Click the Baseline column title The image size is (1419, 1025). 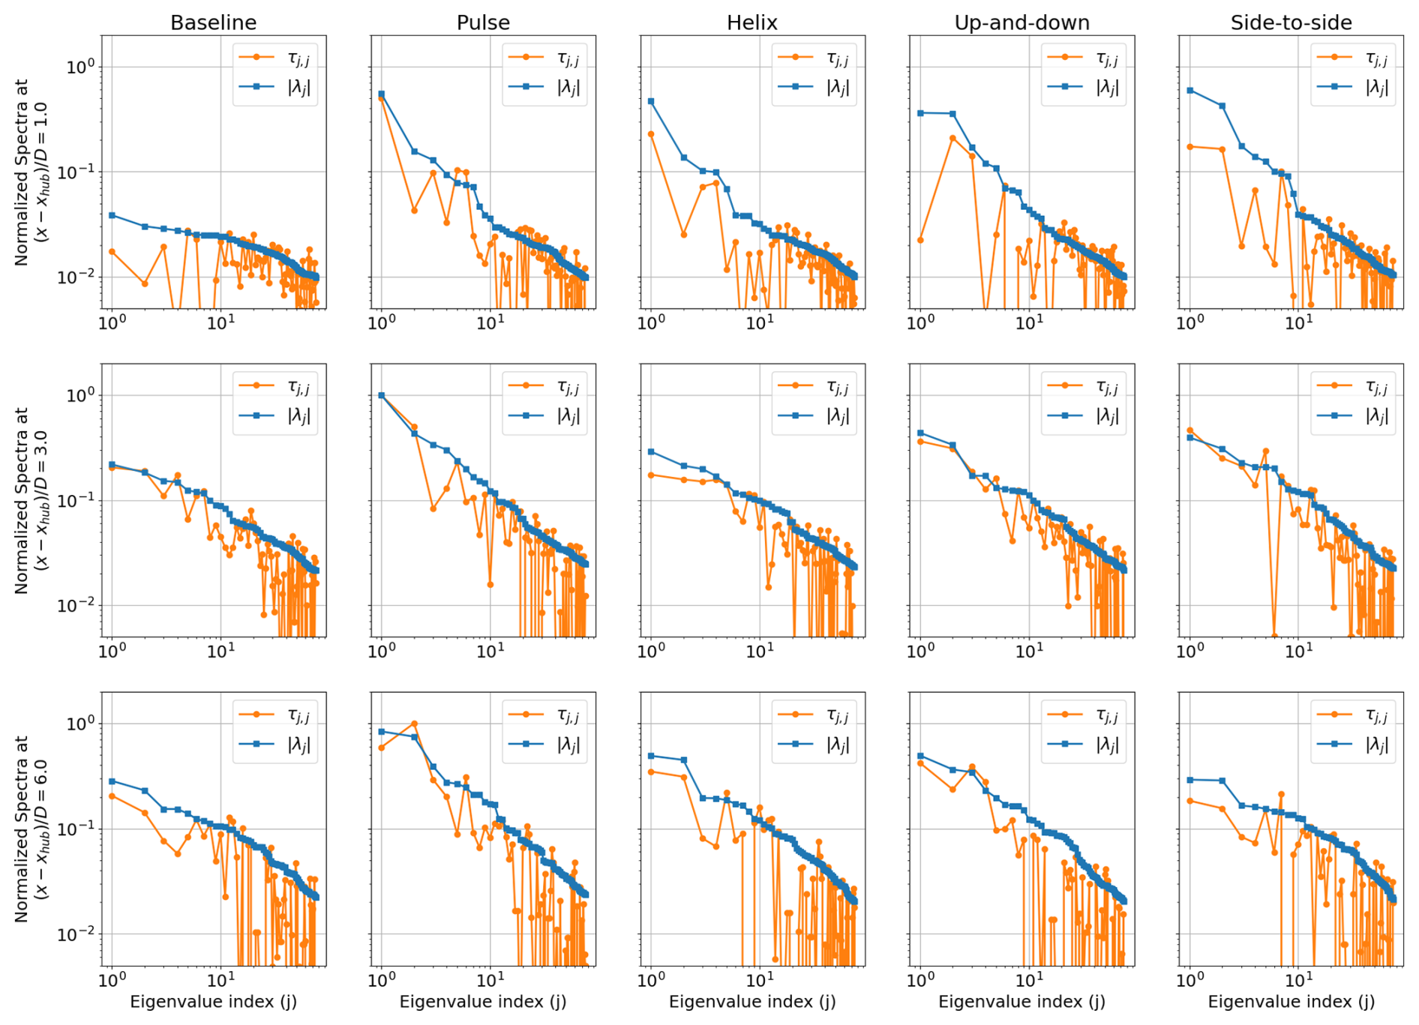pyautogui.click(x=213, y=22)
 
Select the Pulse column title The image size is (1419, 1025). pyautogui.click(x=483, y=22)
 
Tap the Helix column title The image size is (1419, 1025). pyautogui.click(x=751, y=22)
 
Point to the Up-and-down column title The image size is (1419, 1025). pyautogui.click(x=1021, y=22)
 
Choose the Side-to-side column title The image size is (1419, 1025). pyautogui.click(x=1291, y=22)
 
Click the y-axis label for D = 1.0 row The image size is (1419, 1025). pyautogui.click(x=31, y=172)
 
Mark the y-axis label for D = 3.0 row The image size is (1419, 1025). pyautogui.click(x=31, y=500)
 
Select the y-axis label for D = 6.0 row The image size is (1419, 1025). pyautogui.click(x=31, y=829)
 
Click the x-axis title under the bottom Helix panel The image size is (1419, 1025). pyautogui.click(x=751, y=1002)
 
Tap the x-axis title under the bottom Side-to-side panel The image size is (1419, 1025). pyautogui.click(x=1291, y=1002)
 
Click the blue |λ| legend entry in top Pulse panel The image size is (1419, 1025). pyautogui.click(x=544, y=87)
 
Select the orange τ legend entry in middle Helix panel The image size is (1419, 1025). pyautogui.click(x=813, y=386)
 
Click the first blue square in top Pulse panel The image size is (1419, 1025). pyautogui.click(x=382, y=94)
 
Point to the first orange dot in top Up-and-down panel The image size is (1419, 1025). pyautogui.click(x=920, y=240)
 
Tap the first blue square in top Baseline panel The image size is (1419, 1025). pyautogui.click(x=112, y=215)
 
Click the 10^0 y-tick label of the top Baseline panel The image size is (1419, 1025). pyautogui.click(x=81, y=67)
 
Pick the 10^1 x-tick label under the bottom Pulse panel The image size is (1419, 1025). pyautogui.click(x=490, y=979)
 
